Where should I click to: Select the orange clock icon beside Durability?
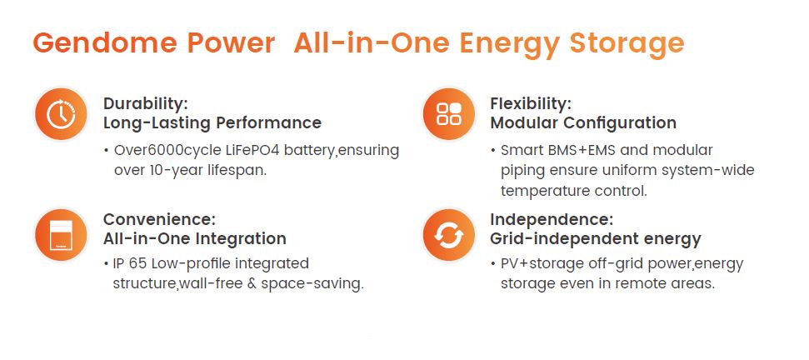click(x=61, y=113)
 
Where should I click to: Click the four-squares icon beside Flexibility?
click(x=448, y=113)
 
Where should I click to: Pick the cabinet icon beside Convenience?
click(x=61, y=235)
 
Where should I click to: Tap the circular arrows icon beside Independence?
click(x=448, y=235)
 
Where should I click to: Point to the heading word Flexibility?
click(x=531, y=103)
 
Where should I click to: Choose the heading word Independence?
click(x=552, y=219)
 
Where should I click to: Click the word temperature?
click(x=545, y=191)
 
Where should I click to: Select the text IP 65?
click(x=132, y=263)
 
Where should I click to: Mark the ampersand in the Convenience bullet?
click(x=252, y=284)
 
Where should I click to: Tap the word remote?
click(x=645, y=284)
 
